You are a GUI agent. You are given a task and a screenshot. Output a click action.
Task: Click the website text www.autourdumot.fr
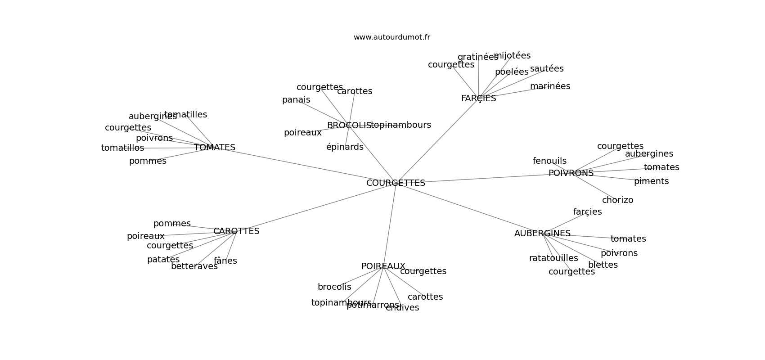pyautogui.click(x=391, y=37)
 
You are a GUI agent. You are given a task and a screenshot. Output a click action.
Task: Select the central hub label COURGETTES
pyautogui.click(x=396, y=183)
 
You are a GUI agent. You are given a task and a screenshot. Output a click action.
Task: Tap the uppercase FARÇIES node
pyautogui.click(x=478, y=99)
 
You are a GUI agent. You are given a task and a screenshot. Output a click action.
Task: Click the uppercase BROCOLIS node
pyautogui.click(x=349, y=126)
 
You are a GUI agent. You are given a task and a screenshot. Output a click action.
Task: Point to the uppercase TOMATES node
pyautogui.click(x=215, y=148)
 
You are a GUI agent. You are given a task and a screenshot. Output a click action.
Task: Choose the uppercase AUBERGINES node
pyautogui.click(x=542, y=234)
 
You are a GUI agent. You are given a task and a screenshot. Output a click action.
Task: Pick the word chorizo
pyautogui.click(x=617, y=200)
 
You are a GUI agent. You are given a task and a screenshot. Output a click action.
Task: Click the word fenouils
pyautogui.click(x=549, y=161)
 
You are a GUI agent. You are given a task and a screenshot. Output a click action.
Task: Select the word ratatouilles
pyautogui.click(x=553, y=258)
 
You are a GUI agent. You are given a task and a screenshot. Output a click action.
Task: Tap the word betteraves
pyautogui.click(x=194, y=266)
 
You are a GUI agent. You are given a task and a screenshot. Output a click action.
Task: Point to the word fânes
pyautogui.click(x=225, y=261)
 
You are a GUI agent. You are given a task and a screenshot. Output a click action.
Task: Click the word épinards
pyautogui.click(x=345, y=147)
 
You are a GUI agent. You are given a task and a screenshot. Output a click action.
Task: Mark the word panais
pyautogui.click(x=296, y=100)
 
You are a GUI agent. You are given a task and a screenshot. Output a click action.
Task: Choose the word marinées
pyautogui.click(x=550, y=86)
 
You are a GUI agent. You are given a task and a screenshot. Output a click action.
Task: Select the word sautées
pyautogui.click(x=547, y=69)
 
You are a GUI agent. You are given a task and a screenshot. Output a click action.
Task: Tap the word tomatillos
pyautogui.click(x=122, y=148)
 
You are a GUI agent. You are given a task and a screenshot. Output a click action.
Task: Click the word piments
pyautogui.click(x=651, y=181)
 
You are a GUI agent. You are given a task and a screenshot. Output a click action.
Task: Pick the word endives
pyautogui.click(x=402, y=308)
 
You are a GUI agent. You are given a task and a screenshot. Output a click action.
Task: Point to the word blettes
pyautogui.click(x=603, y=265)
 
